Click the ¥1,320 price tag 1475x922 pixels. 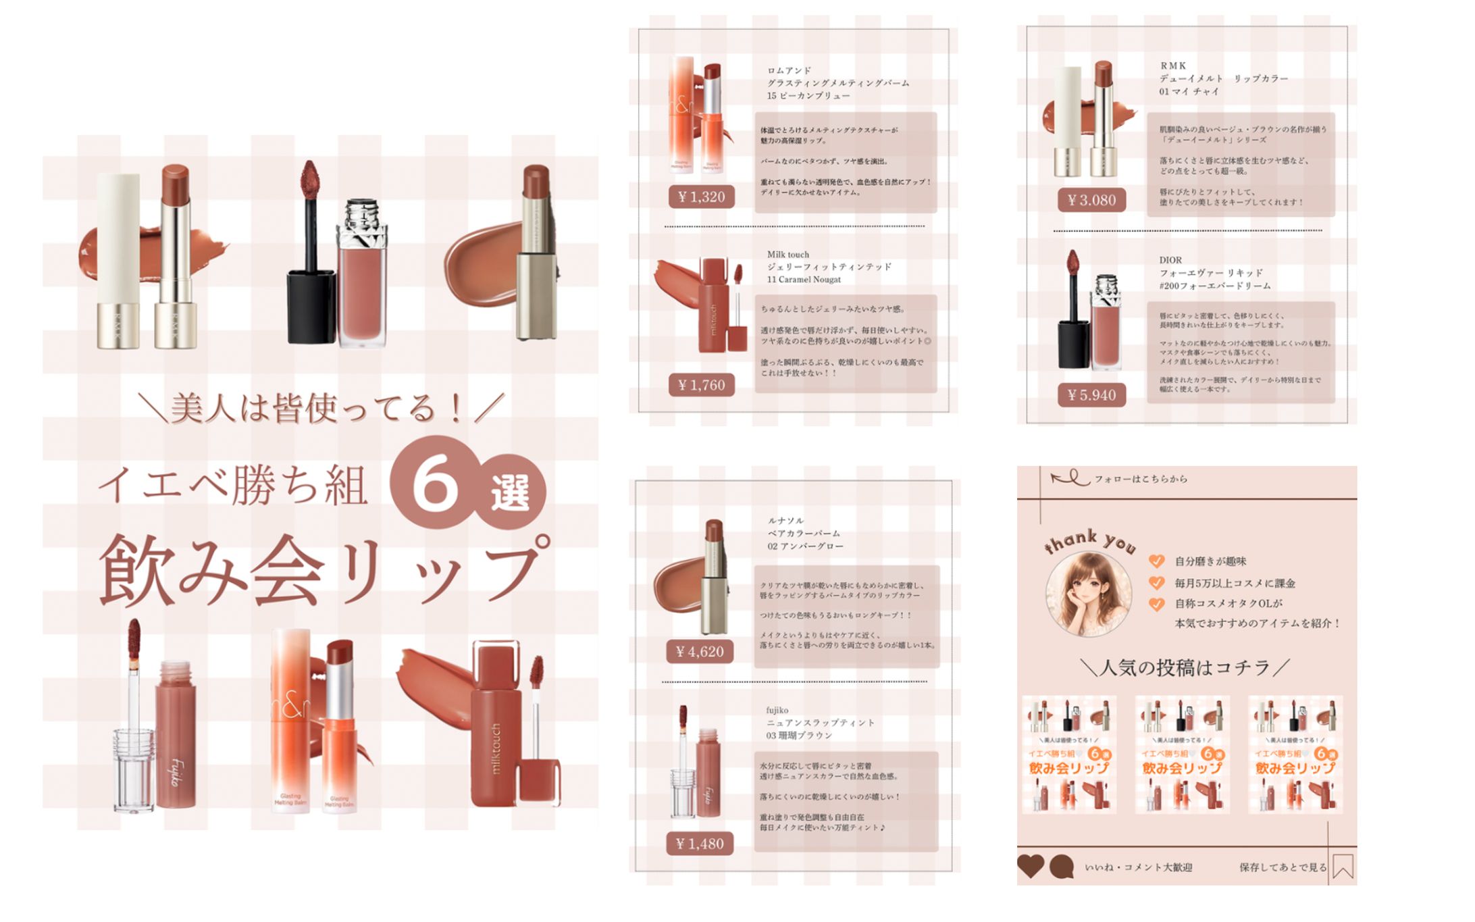(701, 197)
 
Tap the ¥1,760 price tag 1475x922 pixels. (701, 385)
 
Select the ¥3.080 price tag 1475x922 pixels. (1091, 200)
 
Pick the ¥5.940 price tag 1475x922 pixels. (1091, 395)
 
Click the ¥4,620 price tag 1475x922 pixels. (700, 652)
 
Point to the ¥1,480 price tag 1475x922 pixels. (700, 844)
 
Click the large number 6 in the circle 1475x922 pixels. (434, 482)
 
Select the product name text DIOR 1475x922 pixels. (1170, 260)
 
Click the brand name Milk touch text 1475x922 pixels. (787, 255)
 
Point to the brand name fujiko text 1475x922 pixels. (777, 710)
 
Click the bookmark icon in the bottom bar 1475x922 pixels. (1343, 867)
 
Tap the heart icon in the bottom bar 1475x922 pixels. (1031, 866)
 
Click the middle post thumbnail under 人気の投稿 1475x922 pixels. (1182, 754)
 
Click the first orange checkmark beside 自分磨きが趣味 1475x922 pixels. (1156, 561)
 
